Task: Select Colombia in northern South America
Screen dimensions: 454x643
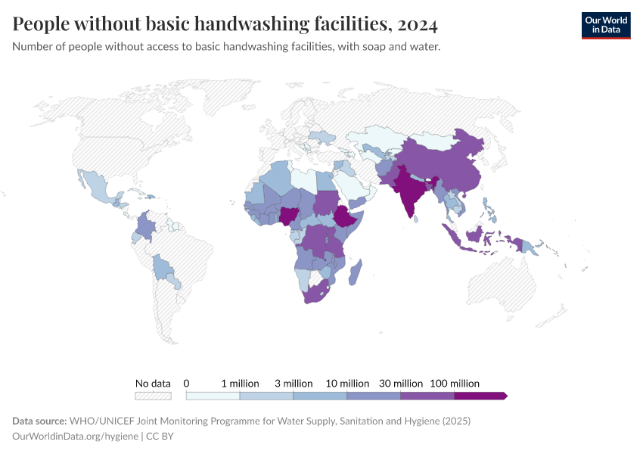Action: tap(146, 227)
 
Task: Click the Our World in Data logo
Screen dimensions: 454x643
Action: tap(606, 25)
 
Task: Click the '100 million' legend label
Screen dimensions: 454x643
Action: tap(455, 384)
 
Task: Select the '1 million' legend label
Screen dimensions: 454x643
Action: tap(240, 384)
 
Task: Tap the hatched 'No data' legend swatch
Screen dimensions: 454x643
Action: tap(153, 396)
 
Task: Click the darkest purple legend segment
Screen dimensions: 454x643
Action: tap(480, 396)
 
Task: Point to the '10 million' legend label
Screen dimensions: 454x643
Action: tap(347, 384)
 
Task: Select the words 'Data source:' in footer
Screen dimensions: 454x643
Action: tap(39, 421)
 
